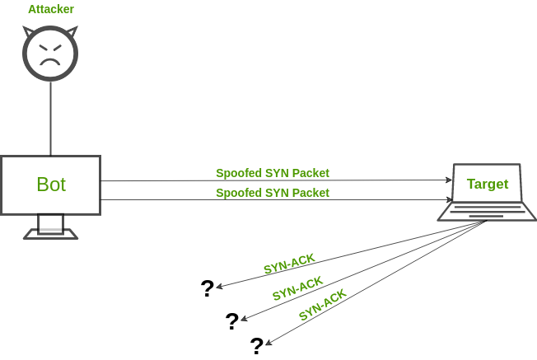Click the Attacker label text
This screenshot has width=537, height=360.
point(50,10)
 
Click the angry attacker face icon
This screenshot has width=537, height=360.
point(50,54)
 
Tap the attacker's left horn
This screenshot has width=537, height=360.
point(29,33)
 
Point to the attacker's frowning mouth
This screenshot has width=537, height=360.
point(50,61)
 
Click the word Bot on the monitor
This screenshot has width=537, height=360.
point(50,185)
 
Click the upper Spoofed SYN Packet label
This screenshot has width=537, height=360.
point(273,173)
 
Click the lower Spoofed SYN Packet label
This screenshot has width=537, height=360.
point(273,193)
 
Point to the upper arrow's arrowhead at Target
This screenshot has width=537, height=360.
point(449,180)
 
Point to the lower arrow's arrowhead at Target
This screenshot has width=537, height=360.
point(449,199)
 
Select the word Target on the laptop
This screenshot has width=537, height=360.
point(488,184)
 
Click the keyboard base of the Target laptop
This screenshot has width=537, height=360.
point(487,213)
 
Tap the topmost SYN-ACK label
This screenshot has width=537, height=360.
point(289,264)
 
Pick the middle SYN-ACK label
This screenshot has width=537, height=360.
point(297,288)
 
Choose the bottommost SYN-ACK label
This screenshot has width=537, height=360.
point(322,305)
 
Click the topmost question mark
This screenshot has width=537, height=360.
point(208,288)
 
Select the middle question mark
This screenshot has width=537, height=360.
point(232,321)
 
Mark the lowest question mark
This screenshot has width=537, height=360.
point(257,346)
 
